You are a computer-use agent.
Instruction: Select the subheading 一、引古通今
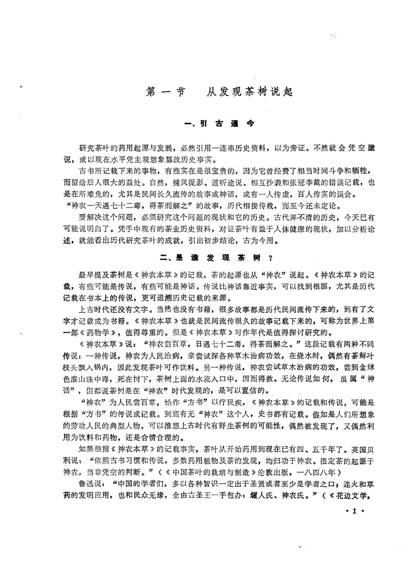tap(220, 124)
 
